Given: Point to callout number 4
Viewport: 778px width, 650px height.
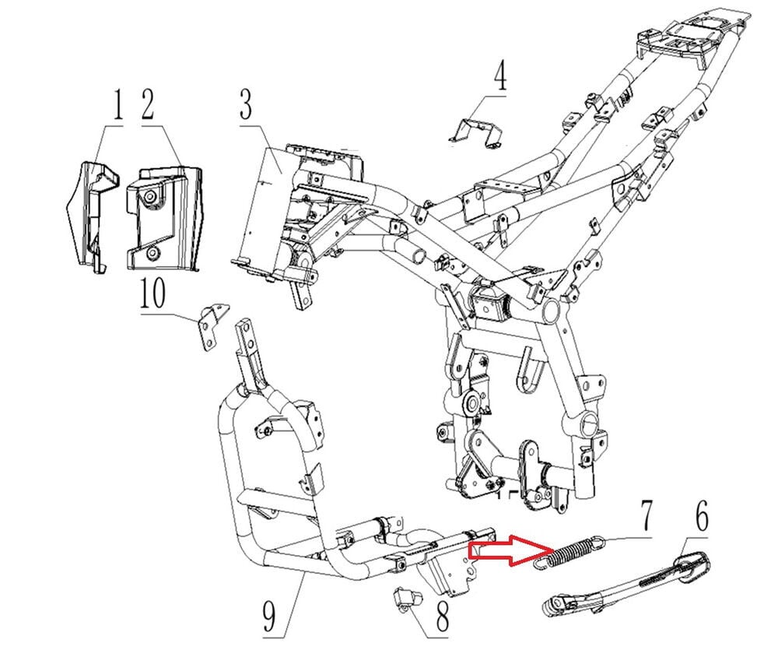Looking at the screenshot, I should coord(499,80).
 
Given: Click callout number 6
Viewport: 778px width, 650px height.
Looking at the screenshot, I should coord(701,517).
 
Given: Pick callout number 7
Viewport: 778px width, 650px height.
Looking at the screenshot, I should coord(647,516).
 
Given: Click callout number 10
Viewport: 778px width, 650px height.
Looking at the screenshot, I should coord(154,297).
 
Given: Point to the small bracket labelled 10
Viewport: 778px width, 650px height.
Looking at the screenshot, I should coord(211,325).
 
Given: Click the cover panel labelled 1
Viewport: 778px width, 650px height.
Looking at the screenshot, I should coord(88,210).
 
